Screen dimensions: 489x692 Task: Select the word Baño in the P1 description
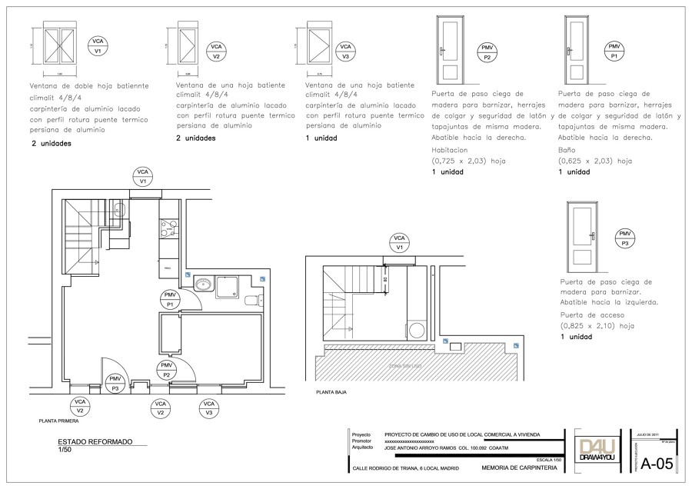coord(566,151)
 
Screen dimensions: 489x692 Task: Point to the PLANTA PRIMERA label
coord(58,421)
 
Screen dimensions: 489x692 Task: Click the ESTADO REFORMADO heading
coord(95,442)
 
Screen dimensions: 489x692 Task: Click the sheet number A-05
coord(657,464)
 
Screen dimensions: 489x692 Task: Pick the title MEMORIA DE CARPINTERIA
coord(514,467)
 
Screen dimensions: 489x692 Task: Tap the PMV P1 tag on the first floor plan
coord(169,299)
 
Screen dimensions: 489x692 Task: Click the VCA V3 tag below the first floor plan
coord(208,407)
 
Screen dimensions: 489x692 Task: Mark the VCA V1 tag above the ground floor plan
coord(398,243)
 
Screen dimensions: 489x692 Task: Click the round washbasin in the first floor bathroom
coord(203,284)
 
